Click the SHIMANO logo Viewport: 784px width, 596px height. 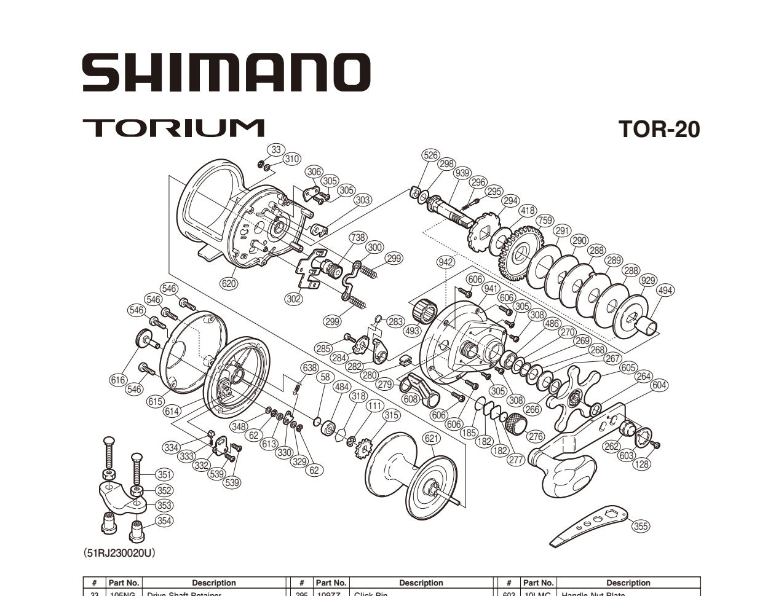(226, 73)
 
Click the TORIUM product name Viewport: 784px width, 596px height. (173, 128)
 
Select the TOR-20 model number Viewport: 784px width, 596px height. (659, 130)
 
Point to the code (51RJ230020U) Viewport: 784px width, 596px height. (119, 553)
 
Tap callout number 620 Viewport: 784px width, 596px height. (229, 283)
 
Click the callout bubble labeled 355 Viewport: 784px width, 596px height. (641, 525)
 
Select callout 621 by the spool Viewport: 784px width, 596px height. (432, 438)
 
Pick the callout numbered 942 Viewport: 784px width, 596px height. (446, 262)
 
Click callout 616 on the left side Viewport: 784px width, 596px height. (119, 380)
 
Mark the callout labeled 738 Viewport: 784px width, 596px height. (358, 237)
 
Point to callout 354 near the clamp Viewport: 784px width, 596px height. (164, 520)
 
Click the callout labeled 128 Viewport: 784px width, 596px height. (641, 464)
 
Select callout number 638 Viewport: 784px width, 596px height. (309, 367)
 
